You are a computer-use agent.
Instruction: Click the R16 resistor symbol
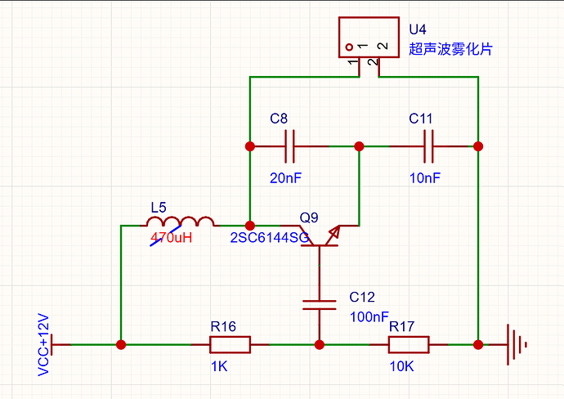click(x=230, y=345)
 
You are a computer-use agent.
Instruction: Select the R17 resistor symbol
click(x=409, y=345)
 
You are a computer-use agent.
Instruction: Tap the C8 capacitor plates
click(x=289, y=146)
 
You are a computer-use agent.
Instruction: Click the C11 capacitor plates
click(x=428, y=146)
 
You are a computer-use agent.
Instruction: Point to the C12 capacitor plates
click(x=320, y=305)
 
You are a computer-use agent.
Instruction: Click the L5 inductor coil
click(x=180, y=222)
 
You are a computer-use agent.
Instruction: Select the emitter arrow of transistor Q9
click(x=333, y=234)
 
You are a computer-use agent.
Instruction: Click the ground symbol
click(x=517, y=345)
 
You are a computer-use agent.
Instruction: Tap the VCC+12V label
click(x=43, y=345)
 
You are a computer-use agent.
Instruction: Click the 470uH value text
click(x=171, y=237)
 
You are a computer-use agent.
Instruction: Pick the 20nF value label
click(x=285, y=177)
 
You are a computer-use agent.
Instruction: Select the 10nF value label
click(x=425, y=177)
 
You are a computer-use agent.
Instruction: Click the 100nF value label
click(x=369, y=316)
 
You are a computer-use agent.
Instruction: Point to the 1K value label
click(x=219, y=366)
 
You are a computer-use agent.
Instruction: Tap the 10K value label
click(x=402, y=366)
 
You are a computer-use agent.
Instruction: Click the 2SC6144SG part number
click(x=270, y=237)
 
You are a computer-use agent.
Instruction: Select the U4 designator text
click(x=418, y=29)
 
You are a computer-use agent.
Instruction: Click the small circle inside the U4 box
click(x=349, y=47)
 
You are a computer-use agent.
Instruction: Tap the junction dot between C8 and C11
click(x=359, y=146)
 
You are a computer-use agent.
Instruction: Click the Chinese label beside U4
click(x=450, y=49)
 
